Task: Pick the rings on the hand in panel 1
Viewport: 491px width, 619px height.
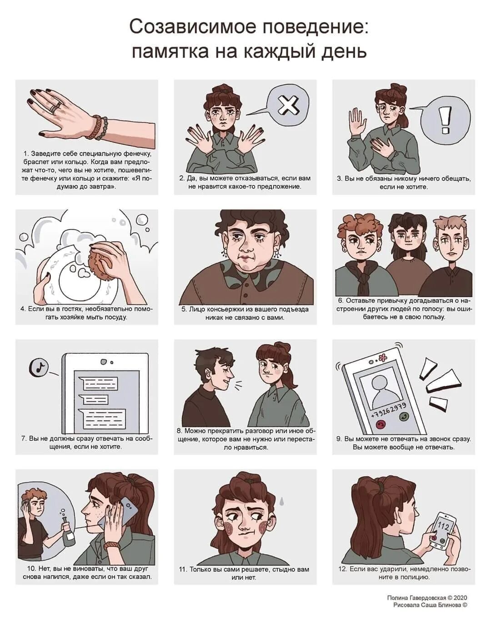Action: click(55, 107)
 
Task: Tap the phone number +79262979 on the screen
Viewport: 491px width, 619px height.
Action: click(389, 410)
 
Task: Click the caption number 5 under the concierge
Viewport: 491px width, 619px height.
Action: click(184, 309)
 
